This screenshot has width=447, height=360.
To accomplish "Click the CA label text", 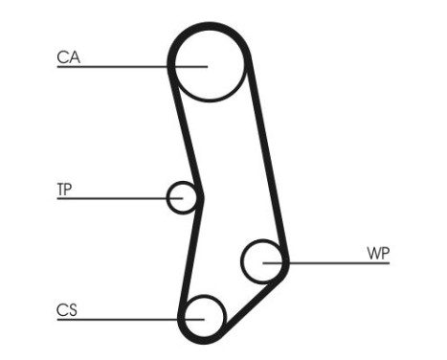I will tap(67, 57).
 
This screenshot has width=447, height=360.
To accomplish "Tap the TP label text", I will tap(65, 189).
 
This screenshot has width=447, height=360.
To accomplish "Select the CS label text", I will tap(66, 309).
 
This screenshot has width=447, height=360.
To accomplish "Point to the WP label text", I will tap(377, 254).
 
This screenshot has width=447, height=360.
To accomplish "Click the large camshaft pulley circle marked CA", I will tap(210, 64).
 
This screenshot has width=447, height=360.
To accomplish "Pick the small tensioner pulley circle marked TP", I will tap(182, 197).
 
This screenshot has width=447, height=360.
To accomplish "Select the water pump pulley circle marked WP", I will tap(262, 261).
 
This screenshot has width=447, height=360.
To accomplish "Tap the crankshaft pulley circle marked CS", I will tap(203, 315).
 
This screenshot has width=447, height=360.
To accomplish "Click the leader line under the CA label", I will tap(115, 67).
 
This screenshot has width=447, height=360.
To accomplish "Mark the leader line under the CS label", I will tap(115, 319).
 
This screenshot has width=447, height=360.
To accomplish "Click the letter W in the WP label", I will tap(371, 254).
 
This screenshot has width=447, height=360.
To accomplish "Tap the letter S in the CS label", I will tap(72, 309).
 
